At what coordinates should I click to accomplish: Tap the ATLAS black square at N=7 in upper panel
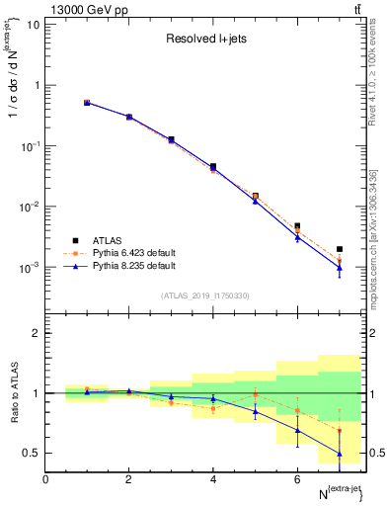tap(340, 249)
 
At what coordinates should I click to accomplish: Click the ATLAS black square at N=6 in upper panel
tap(297, 226)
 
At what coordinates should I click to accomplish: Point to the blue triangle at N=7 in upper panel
tap(340, 268)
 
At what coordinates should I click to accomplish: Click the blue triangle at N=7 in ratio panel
tap(340, 454)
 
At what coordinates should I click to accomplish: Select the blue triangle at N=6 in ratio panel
tap(297, 430)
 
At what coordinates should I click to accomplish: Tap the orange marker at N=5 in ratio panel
tap(256, 394)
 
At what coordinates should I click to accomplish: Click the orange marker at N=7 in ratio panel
tap(340, 431)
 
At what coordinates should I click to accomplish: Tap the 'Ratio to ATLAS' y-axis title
tap(13, 392)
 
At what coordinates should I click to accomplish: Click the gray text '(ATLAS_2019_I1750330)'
tap(204, 295)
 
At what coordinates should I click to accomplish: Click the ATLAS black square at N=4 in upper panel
tap(213, 167)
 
